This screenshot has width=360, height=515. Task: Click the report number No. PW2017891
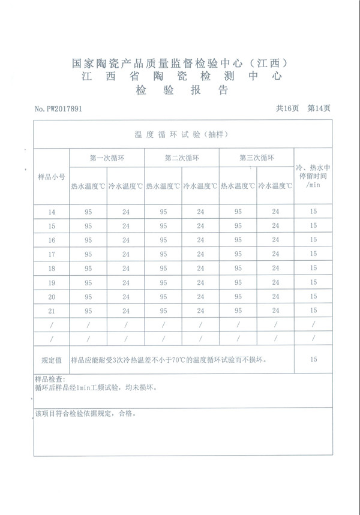(x=59, y=109)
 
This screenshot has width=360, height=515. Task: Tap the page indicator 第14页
(x=319, y=109)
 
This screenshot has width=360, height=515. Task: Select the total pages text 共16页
(x=287, y=109)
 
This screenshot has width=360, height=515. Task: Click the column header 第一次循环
(x=107, y=158)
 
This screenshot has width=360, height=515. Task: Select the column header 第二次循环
(x=182, y=158)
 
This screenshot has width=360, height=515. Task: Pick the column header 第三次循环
(x=256, y=158)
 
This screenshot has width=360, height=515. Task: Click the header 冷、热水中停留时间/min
(x=313, y=177)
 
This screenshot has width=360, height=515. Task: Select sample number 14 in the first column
(x=51, y=212)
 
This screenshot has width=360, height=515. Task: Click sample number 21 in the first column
(x=51, y=311)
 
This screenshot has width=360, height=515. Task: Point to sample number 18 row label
(x=51, y=268)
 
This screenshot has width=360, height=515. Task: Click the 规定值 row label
(x=51, y=360)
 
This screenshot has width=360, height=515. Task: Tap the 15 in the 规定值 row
(x=313, y=359)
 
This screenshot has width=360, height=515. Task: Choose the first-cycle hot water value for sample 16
(x=88, y=240)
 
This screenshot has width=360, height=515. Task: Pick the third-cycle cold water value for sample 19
(x=275, y=282)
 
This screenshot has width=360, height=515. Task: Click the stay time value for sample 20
(x=313, y=297)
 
